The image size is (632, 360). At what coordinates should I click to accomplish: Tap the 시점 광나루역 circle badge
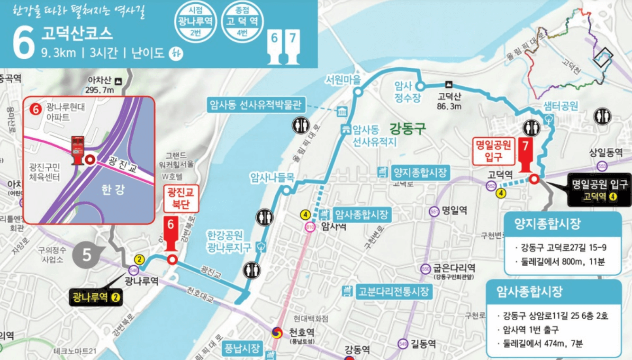195,22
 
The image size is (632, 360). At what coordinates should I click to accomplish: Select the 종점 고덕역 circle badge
242,22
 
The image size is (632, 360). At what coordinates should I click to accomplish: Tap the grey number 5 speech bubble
87,255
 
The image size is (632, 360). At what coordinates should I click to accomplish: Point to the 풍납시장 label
242,349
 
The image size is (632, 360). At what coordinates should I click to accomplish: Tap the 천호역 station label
301,333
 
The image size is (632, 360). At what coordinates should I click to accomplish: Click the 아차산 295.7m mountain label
100,85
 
